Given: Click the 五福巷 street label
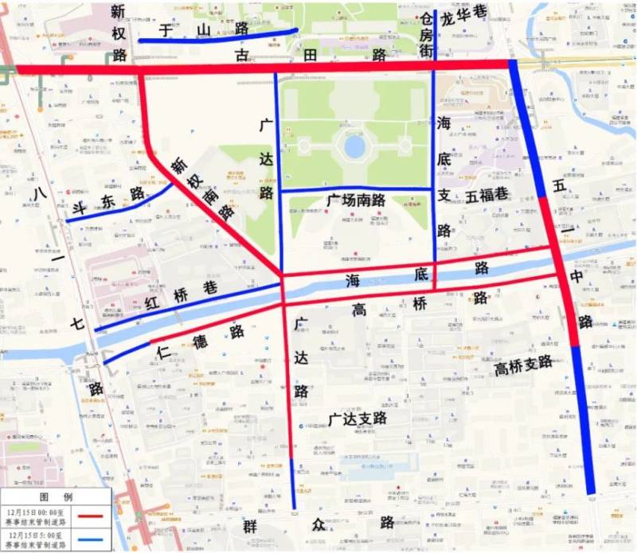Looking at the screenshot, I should [487, 195].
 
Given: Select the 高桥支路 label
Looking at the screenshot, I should [523, 364].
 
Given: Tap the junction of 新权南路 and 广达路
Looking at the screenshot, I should [282, 275].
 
